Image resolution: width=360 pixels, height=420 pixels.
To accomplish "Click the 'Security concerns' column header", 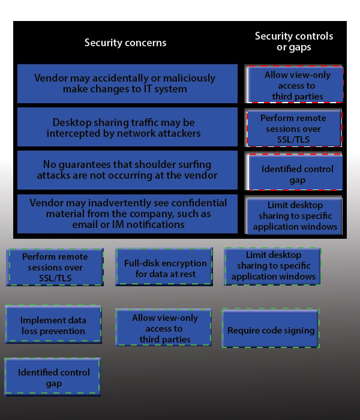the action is pos(125,43).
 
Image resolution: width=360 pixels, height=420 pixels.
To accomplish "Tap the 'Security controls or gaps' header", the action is pos(294,41).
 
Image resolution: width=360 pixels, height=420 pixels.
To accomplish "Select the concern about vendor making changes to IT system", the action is pos(127,83).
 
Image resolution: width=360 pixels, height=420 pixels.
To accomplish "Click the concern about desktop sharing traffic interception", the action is pos(127,127).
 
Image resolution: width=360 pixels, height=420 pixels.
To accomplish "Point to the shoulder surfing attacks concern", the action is pos(127,170).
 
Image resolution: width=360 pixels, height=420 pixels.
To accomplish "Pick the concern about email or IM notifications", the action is pos(127,214).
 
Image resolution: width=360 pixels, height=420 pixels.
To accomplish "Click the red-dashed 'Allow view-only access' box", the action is pos(295,84).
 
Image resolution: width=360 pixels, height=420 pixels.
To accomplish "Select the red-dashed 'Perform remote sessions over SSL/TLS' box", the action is pos(294,128).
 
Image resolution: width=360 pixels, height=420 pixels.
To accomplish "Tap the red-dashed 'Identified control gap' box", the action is pos(296,172).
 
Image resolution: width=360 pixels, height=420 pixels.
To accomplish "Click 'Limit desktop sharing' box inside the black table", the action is pos(295,216).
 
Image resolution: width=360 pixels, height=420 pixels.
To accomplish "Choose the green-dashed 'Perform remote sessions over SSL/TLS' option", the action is pos(55,267).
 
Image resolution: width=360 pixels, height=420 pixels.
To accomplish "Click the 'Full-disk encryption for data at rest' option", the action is pos(164,267).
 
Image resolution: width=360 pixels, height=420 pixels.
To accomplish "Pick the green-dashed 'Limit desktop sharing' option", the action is pos(272,266).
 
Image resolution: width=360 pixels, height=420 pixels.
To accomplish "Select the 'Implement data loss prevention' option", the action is pos(53,324).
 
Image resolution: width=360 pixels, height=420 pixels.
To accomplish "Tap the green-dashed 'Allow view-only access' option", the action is pos(163,328).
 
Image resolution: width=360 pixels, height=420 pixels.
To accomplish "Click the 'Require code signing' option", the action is pos(271,328).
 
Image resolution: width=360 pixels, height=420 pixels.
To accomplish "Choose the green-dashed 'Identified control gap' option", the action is pos(53,377).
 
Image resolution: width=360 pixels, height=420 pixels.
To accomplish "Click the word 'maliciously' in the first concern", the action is pos(189,78).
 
